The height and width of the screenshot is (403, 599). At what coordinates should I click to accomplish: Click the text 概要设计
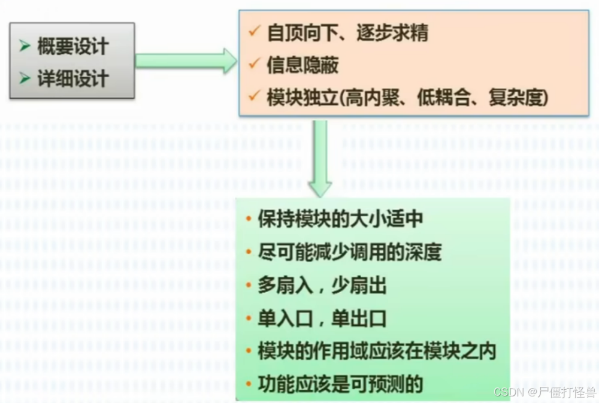coord(73,47)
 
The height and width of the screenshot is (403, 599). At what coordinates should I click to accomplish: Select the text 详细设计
coord(73,78)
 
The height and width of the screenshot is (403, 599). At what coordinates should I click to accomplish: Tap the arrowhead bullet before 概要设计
coord(25,47)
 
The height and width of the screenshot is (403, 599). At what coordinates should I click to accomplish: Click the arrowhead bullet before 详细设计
coord(25,78)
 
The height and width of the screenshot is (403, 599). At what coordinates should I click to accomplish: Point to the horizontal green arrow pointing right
coord(186,60)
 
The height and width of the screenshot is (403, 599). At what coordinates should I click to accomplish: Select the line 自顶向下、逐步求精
coord(347,33)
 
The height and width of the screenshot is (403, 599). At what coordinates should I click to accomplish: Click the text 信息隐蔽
coord(302,65)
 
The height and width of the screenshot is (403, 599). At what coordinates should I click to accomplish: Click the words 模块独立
coord(302,98)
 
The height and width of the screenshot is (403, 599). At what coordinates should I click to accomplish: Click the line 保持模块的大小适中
coord(340,219)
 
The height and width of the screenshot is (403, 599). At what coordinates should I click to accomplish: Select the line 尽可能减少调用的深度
coord(350,252)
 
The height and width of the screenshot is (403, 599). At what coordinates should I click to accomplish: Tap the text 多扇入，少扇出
coord(322,286)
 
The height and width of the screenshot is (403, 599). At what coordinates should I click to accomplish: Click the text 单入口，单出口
coord(322,319)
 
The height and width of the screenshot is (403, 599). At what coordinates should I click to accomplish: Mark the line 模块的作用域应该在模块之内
coord(377,352)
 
